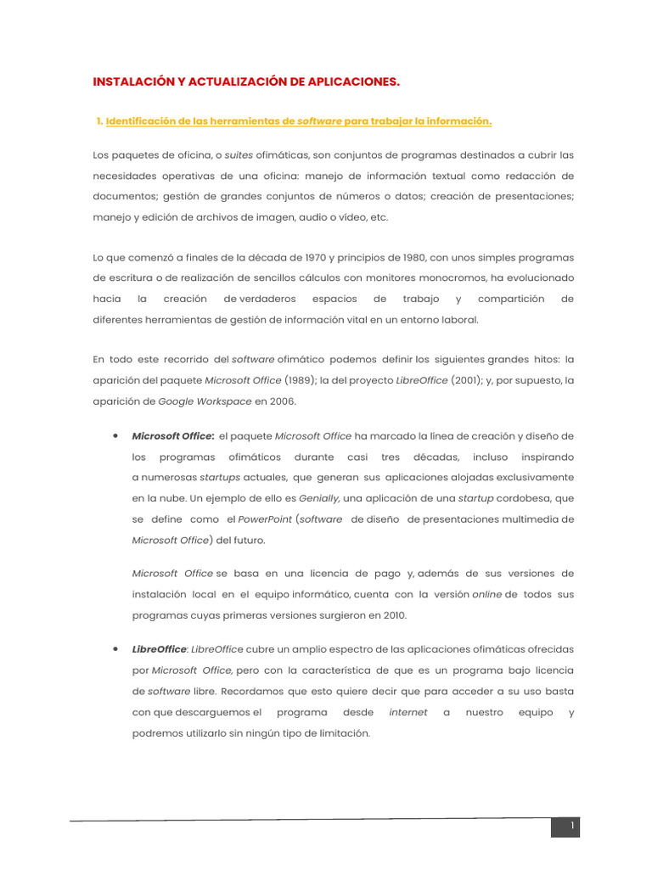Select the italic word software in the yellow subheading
tap(319, 121)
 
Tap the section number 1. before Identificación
tap(100, 121)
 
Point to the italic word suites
tap(239, 154)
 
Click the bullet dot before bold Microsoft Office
tap(114, 435)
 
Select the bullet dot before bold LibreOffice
tap(114, 648)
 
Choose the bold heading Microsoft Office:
tap(173, 436)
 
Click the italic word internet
tap(407, 712)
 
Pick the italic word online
tap(486, 594)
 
